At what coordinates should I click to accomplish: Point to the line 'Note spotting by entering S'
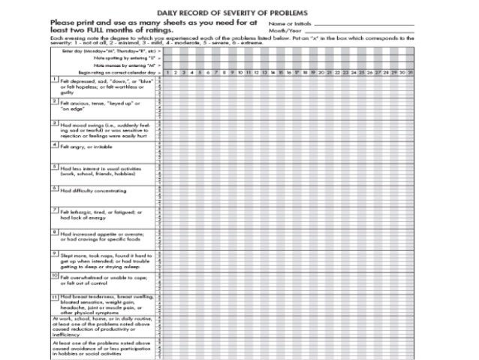[125, 57]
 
